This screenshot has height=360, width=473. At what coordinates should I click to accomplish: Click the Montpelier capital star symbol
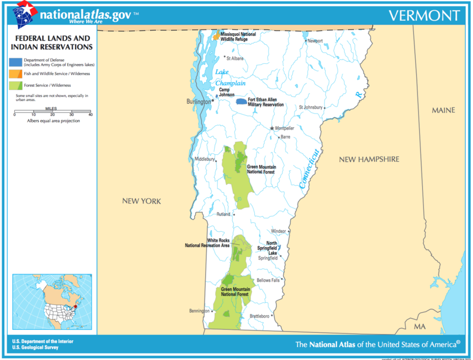coord(272,128)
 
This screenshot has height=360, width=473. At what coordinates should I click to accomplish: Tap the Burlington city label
coord(199,102)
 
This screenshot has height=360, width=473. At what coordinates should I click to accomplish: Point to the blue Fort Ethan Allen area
coord(241,102)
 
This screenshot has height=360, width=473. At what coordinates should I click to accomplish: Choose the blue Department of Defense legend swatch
coord(17,61)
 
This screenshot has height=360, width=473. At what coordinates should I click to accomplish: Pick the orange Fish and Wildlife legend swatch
coord(17,74)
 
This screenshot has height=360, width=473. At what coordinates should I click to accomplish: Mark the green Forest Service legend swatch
coord(17,86)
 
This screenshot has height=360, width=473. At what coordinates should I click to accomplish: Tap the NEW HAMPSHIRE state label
coord(368,160)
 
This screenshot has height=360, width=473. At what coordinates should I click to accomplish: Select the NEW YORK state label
coord(141,201)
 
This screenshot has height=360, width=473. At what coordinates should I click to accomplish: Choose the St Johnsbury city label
coord(311,107)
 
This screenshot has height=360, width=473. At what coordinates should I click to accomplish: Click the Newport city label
coord(315,41)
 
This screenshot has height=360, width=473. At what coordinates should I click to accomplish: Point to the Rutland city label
coord(223,214)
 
